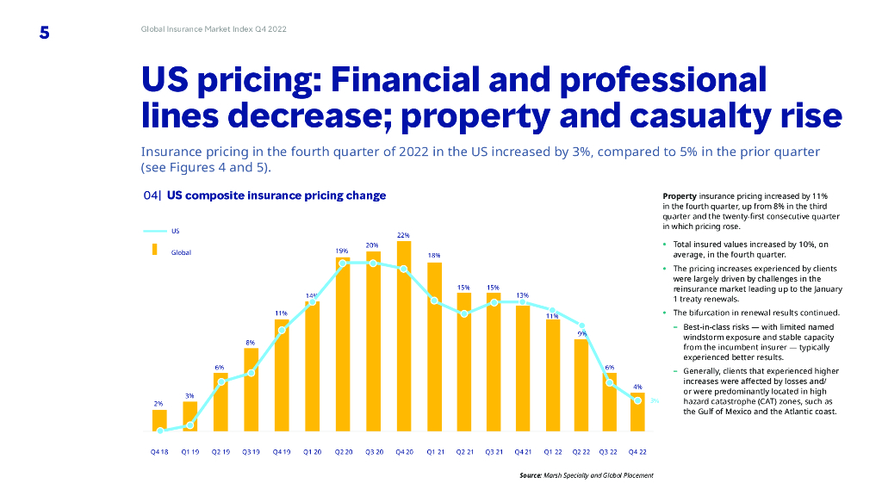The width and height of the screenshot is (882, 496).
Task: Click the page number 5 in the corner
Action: pyautogui.click(x=44, y=33)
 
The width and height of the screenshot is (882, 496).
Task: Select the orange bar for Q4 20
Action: pyautogui.click(x=403, y=336)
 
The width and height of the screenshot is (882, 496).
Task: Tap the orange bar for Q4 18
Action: pyautogui.click(x=159, y=420)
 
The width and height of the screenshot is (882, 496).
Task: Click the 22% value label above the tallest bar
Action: pyautogui.click(x=403, y=234)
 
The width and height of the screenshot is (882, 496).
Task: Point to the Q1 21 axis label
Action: pyautogui.click(x=434, y=450)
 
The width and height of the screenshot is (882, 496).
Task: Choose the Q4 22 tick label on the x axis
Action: pyautogui.click(x=637, y=450)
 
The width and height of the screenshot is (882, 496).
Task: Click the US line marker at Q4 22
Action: pyautogui.click(x=637, y=400)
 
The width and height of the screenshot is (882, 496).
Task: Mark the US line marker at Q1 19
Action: pyautogui.click(x=189, y=425)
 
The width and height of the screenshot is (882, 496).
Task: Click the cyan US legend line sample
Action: pyautogui.click(x=154, y=231)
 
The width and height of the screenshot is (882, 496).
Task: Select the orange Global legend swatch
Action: pyautogui.click(x=155, y=250)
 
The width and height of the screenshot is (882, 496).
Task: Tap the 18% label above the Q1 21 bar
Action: pyautogui.click(x=434, y=256)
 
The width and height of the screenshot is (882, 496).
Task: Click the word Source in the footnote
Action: pyautogui.click(x=531, y=475)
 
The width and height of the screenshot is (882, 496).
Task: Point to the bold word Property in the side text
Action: pyautogui.click(x=679, y=196)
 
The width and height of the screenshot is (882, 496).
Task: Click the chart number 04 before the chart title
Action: pyautogui.click(x=151, y=195)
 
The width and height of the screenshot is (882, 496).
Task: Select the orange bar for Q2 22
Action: pyautogui.click(x=581, y=384)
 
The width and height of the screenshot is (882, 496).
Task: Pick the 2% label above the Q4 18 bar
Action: pyautogui.click(x=158, y=403)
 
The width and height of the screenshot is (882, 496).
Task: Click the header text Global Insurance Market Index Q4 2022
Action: pyautogui.click(x=214, y=29)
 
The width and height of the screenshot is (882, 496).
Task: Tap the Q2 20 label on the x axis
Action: pyautogui.click(x=342, y=450)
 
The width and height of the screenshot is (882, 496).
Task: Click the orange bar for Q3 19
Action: pyautogui.click(x=251, y=389)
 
